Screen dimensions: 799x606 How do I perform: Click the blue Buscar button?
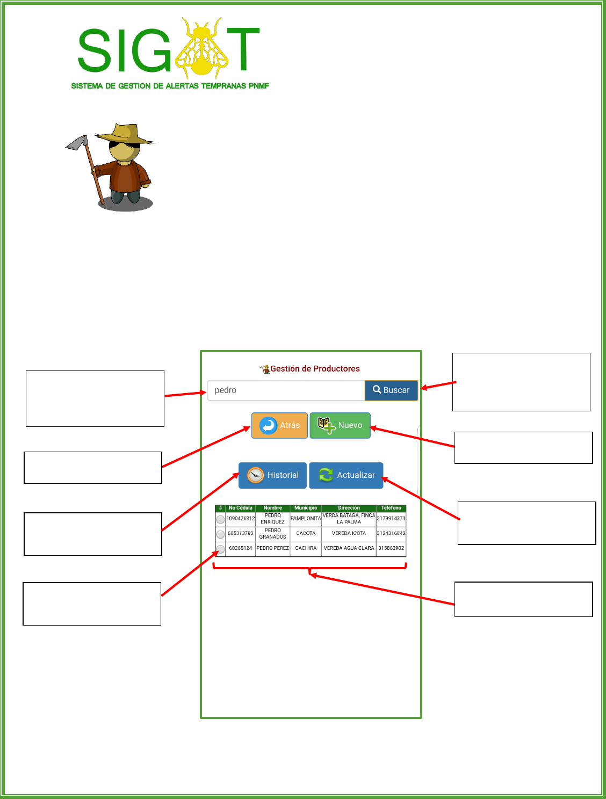pos(391,390)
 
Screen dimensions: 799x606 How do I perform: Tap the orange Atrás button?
pos(279,425)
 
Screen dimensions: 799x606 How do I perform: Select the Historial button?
pos(272,475)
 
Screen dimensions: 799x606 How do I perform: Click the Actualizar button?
pos(346,475)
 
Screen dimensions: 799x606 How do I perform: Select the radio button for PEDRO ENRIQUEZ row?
pos(220,519)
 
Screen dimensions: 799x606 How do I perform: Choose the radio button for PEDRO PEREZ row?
pos(220,549)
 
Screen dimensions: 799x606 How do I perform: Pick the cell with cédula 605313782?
pos(240,534)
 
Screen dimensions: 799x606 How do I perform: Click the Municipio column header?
pos(306,508)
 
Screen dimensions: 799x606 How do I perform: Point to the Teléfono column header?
pos(391,508)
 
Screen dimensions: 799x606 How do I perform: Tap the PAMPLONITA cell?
pos(306,519)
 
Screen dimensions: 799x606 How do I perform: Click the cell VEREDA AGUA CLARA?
pos(349,548)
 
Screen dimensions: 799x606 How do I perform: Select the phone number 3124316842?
pos(391,534)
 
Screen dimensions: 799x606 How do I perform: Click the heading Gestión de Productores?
pos(315,369)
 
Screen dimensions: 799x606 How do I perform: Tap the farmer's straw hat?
pos(127,134)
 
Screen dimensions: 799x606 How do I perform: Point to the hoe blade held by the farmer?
pos(77,143)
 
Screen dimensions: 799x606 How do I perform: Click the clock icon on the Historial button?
pos(256,475)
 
